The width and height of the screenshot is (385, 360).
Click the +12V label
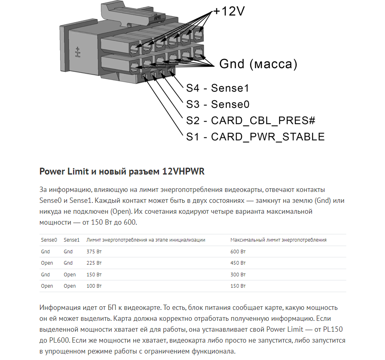pyautogui.click(x=229, y=11)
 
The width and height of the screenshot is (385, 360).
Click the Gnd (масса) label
pyautogui.click(x=258, y=64)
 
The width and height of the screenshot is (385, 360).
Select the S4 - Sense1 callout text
pyautogui.click(x=218, y=88)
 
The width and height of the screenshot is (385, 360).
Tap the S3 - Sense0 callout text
pyautogui.click(x=218, y=104)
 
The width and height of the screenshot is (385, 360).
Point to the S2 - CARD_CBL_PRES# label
pyautogui.click(x=250, y=120)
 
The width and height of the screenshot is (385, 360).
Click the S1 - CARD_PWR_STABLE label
pyautogui.click(x=255, y=137)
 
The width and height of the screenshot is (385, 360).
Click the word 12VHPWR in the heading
pyautogui.click(x=184, y=171)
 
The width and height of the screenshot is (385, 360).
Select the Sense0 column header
pyautogui.click(x=49, y=240)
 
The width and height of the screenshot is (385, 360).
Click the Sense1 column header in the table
pyautogui.click(x=72, y=240)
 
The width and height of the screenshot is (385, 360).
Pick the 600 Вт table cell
pyautogui.click(x=238, y=252)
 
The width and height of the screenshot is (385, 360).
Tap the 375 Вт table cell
pyautogui.click(x=94, y=252)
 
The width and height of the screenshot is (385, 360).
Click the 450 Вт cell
pyautogui.click(x=238, y=263)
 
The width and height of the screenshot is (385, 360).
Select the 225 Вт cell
pyautogui.click(x=94, y=263)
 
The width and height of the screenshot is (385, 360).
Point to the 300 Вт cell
pyautogui.click(x=238, y=275)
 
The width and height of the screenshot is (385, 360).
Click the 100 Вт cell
pyautogui.click(x=94, y=286)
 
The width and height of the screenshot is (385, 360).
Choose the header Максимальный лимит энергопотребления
pyautogui.click(x=278, y=240)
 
